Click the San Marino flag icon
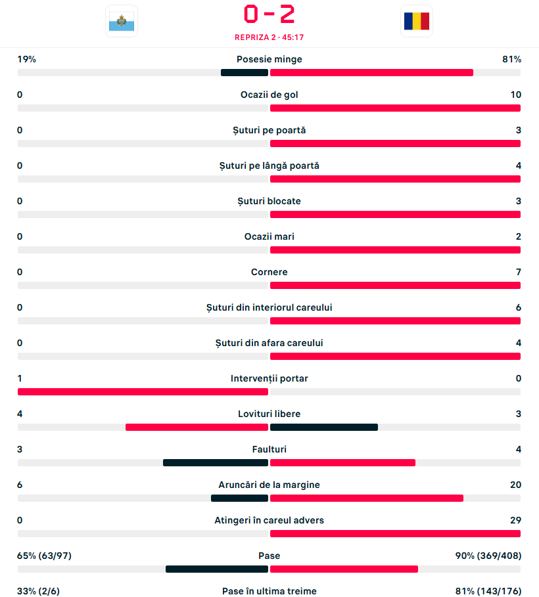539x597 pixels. pos(121,21)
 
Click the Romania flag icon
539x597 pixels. pos(416,21)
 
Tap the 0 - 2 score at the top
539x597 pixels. pos(269,14)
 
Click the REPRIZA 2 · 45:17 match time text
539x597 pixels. pos(269,37)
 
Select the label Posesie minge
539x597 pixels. pos(269,59)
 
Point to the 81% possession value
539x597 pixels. pos(511,59)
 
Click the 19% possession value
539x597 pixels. pos(27,59)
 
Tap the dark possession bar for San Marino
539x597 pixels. pos(245,72)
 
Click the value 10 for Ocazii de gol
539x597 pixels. pos(515,95)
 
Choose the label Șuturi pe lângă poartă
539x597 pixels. pos(269,166)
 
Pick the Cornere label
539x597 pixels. pos(269,272)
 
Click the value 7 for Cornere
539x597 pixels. pos(518,272)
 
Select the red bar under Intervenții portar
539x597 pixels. pos(143,391)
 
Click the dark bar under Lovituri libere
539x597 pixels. pos(323,427)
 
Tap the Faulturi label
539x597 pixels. pos(269,449)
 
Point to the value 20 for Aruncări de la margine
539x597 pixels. pos(515,485)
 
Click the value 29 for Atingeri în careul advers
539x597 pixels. pos(515,520)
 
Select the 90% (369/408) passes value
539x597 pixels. pos(488,556)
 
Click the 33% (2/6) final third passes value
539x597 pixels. pos(39,591)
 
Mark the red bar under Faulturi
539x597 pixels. pos(342,462)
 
